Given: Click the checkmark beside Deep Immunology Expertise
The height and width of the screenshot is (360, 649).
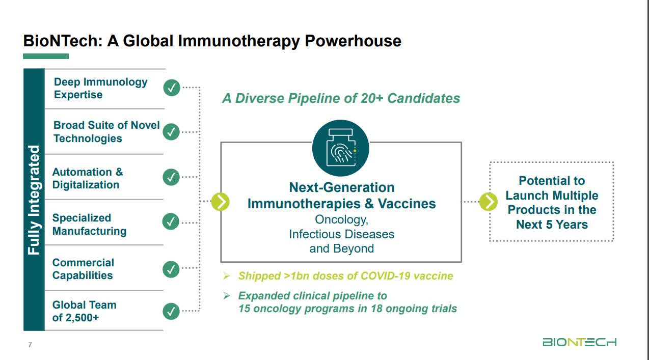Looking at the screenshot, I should (172, 88).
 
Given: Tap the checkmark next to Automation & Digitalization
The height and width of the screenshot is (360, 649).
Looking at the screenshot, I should (172, 177).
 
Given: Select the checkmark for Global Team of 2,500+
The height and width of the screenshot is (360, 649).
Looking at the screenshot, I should (172, 311).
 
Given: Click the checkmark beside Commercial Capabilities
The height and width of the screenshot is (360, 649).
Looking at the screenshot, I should (172, 269).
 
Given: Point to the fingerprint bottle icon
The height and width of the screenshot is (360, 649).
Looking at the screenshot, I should (340, 148).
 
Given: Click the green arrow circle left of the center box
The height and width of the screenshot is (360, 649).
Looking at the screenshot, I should (220, 202).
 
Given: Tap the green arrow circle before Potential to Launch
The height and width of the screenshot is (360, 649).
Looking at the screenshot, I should (488, 202).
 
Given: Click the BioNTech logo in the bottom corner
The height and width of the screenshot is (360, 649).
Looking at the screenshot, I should (579, 342).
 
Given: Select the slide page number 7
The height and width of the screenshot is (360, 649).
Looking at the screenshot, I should (30, 345).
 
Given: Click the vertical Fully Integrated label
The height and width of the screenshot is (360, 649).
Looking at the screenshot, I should (34, 200).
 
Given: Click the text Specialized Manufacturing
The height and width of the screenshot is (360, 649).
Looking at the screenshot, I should (89, 225).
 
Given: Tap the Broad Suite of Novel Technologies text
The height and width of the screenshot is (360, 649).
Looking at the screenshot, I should (106, 132).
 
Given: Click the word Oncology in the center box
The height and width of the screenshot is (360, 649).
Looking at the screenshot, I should (341, 219).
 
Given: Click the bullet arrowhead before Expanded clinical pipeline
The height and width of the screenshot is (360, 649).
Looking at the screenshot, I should (227, 295).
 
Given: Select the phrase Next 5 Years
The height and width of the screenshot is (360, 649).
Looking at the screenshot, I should (552, 225).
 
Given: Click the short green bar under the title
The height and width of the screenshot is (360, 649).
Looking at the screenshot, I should (46, 56).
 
